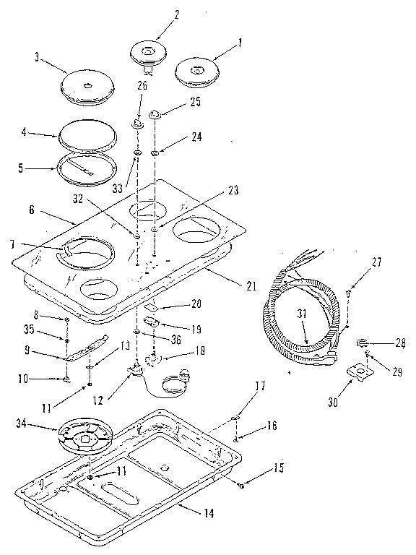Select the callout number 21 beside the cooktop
[x=251, y=286]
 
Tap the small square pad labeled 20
[x=151, y=306]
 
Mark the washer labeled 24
[x=156, y=153]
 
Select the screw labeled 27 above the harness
[x=349, y=292]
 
